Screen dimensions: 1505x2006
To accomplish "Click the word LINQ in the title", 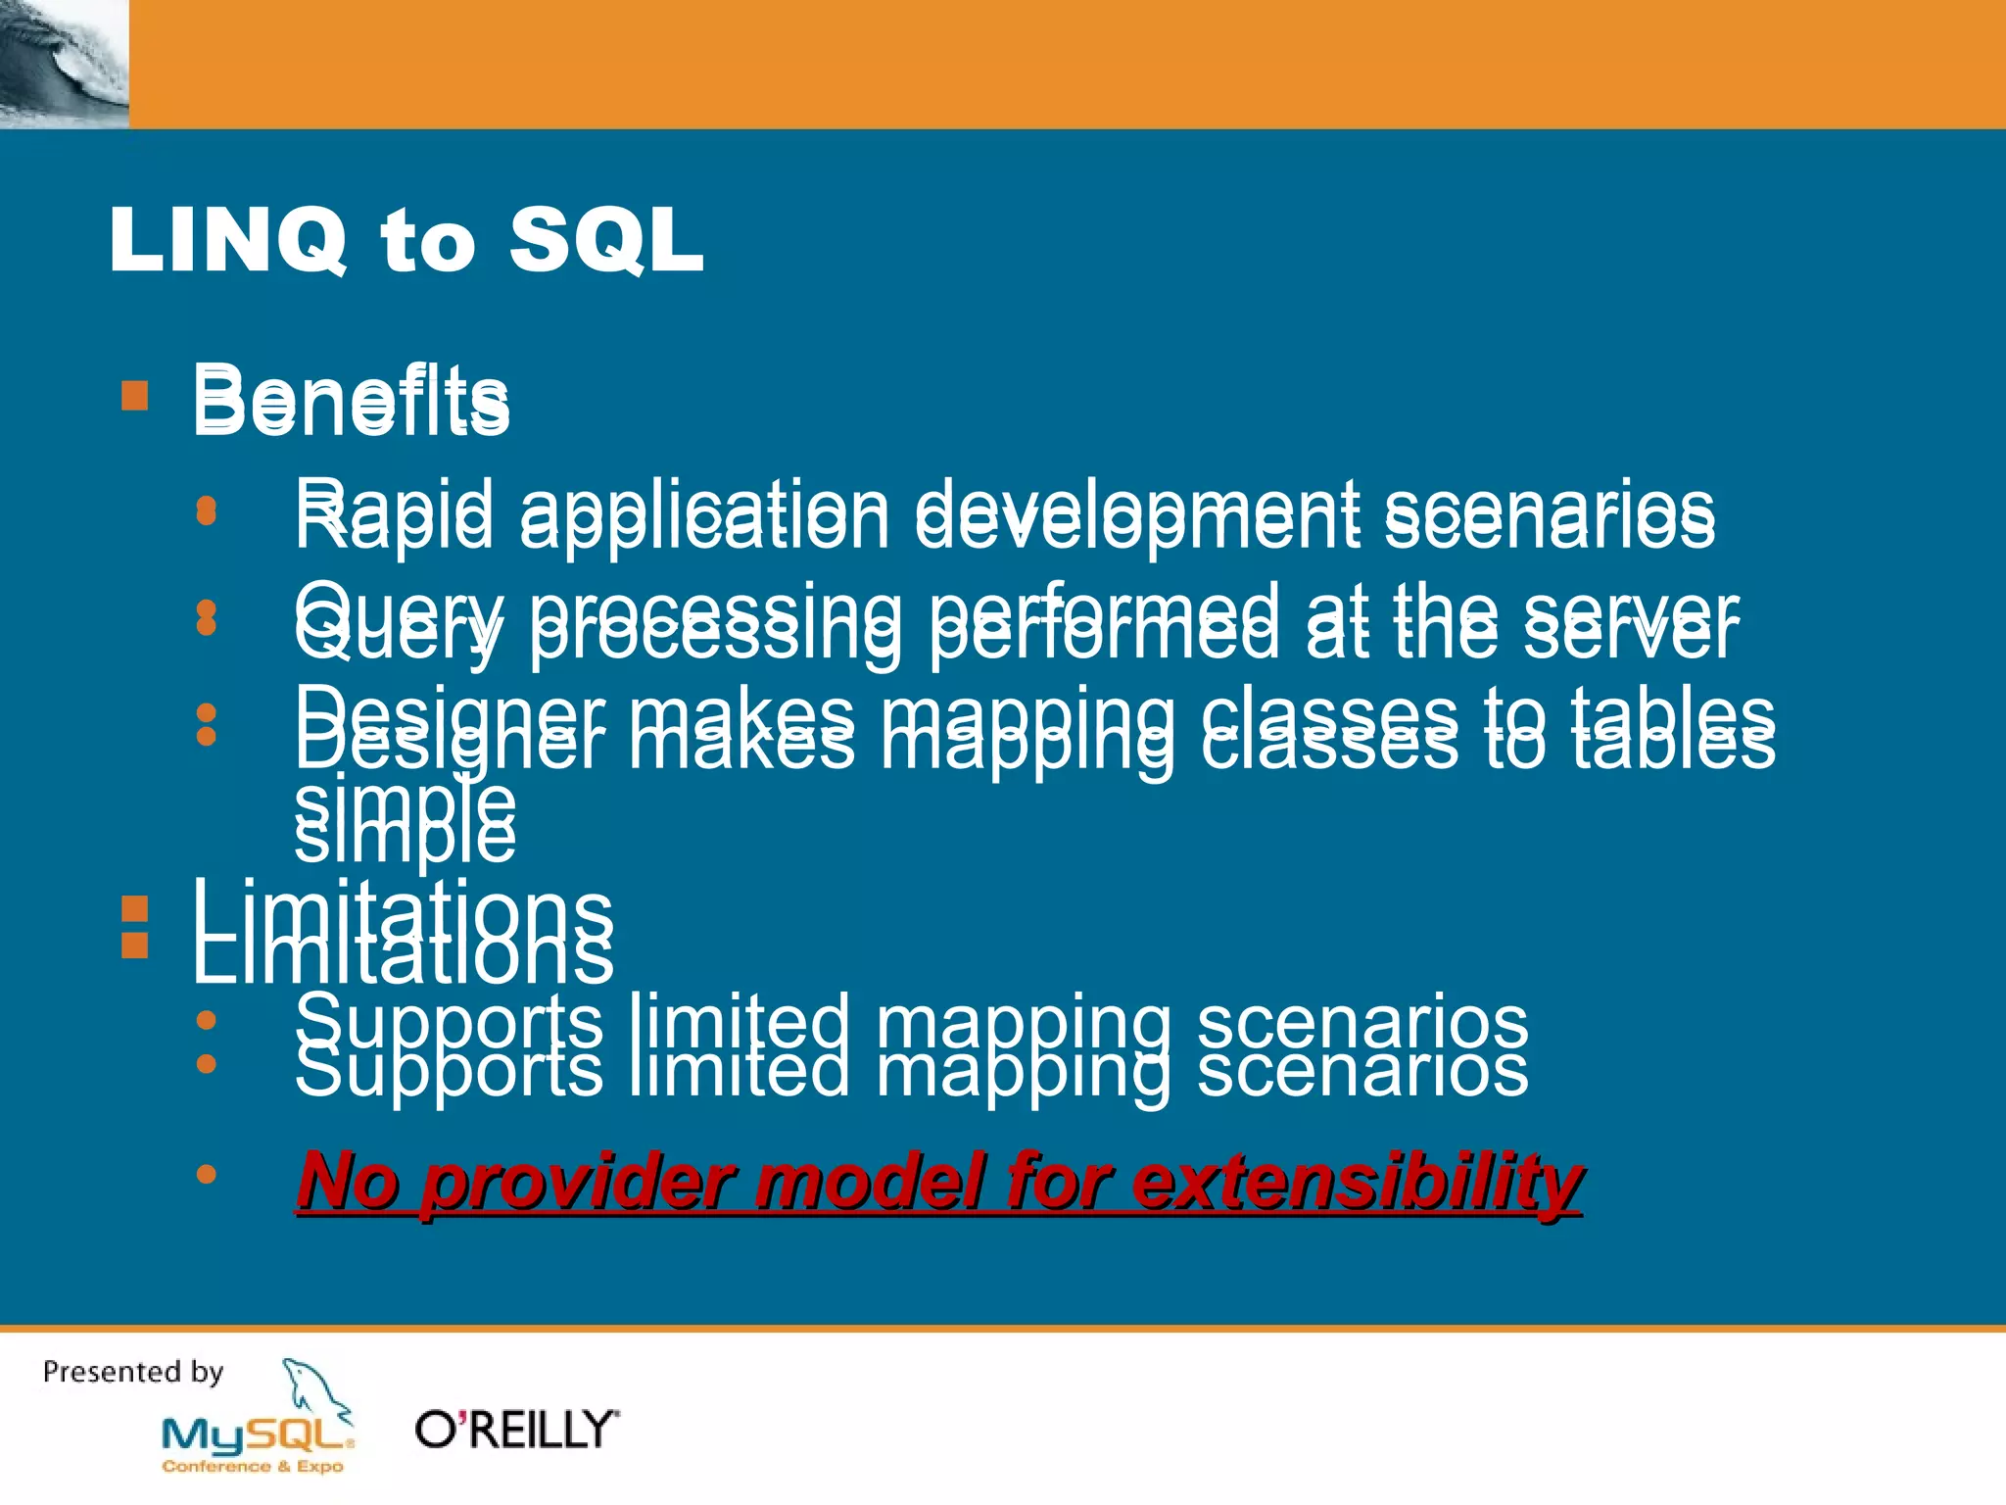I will click(227, 241).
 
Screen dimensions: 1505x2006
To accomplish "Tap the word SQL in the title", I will click(606, 241).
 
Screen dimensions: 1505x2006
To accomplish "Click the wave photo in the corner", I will click(64, 64).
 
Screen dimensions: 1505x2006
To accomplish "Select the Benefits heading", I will click(351, 401).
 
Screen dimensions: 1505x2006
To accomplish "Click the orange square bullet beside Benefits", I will click(135, 396).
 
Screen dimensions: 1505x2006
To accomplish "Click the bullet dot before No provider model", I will click(206, 1173).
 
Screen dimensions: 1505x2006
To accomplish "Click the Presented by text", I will click(133, 1372).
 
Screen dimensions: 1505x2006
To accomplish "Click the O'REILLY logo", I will click(516, 1430).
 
